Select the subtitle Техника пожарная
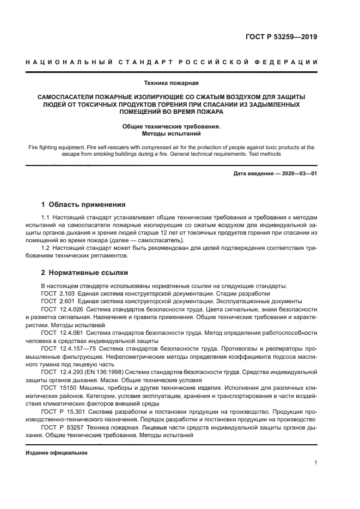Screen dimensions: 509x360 pyautogui.click(x=171, y=83)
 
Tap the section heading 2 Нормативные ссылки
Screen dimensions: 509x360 pyautogui.click(x=84, y=273)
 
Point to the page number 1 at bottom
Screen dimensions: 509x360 pyautogui.click(x=316, y=463)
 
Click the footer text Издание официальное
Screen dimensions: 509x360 pyautogui.click(x=57, y=453)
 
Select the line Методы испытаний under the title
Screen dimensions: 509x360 pyautogui.click(x=171, y=133)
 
